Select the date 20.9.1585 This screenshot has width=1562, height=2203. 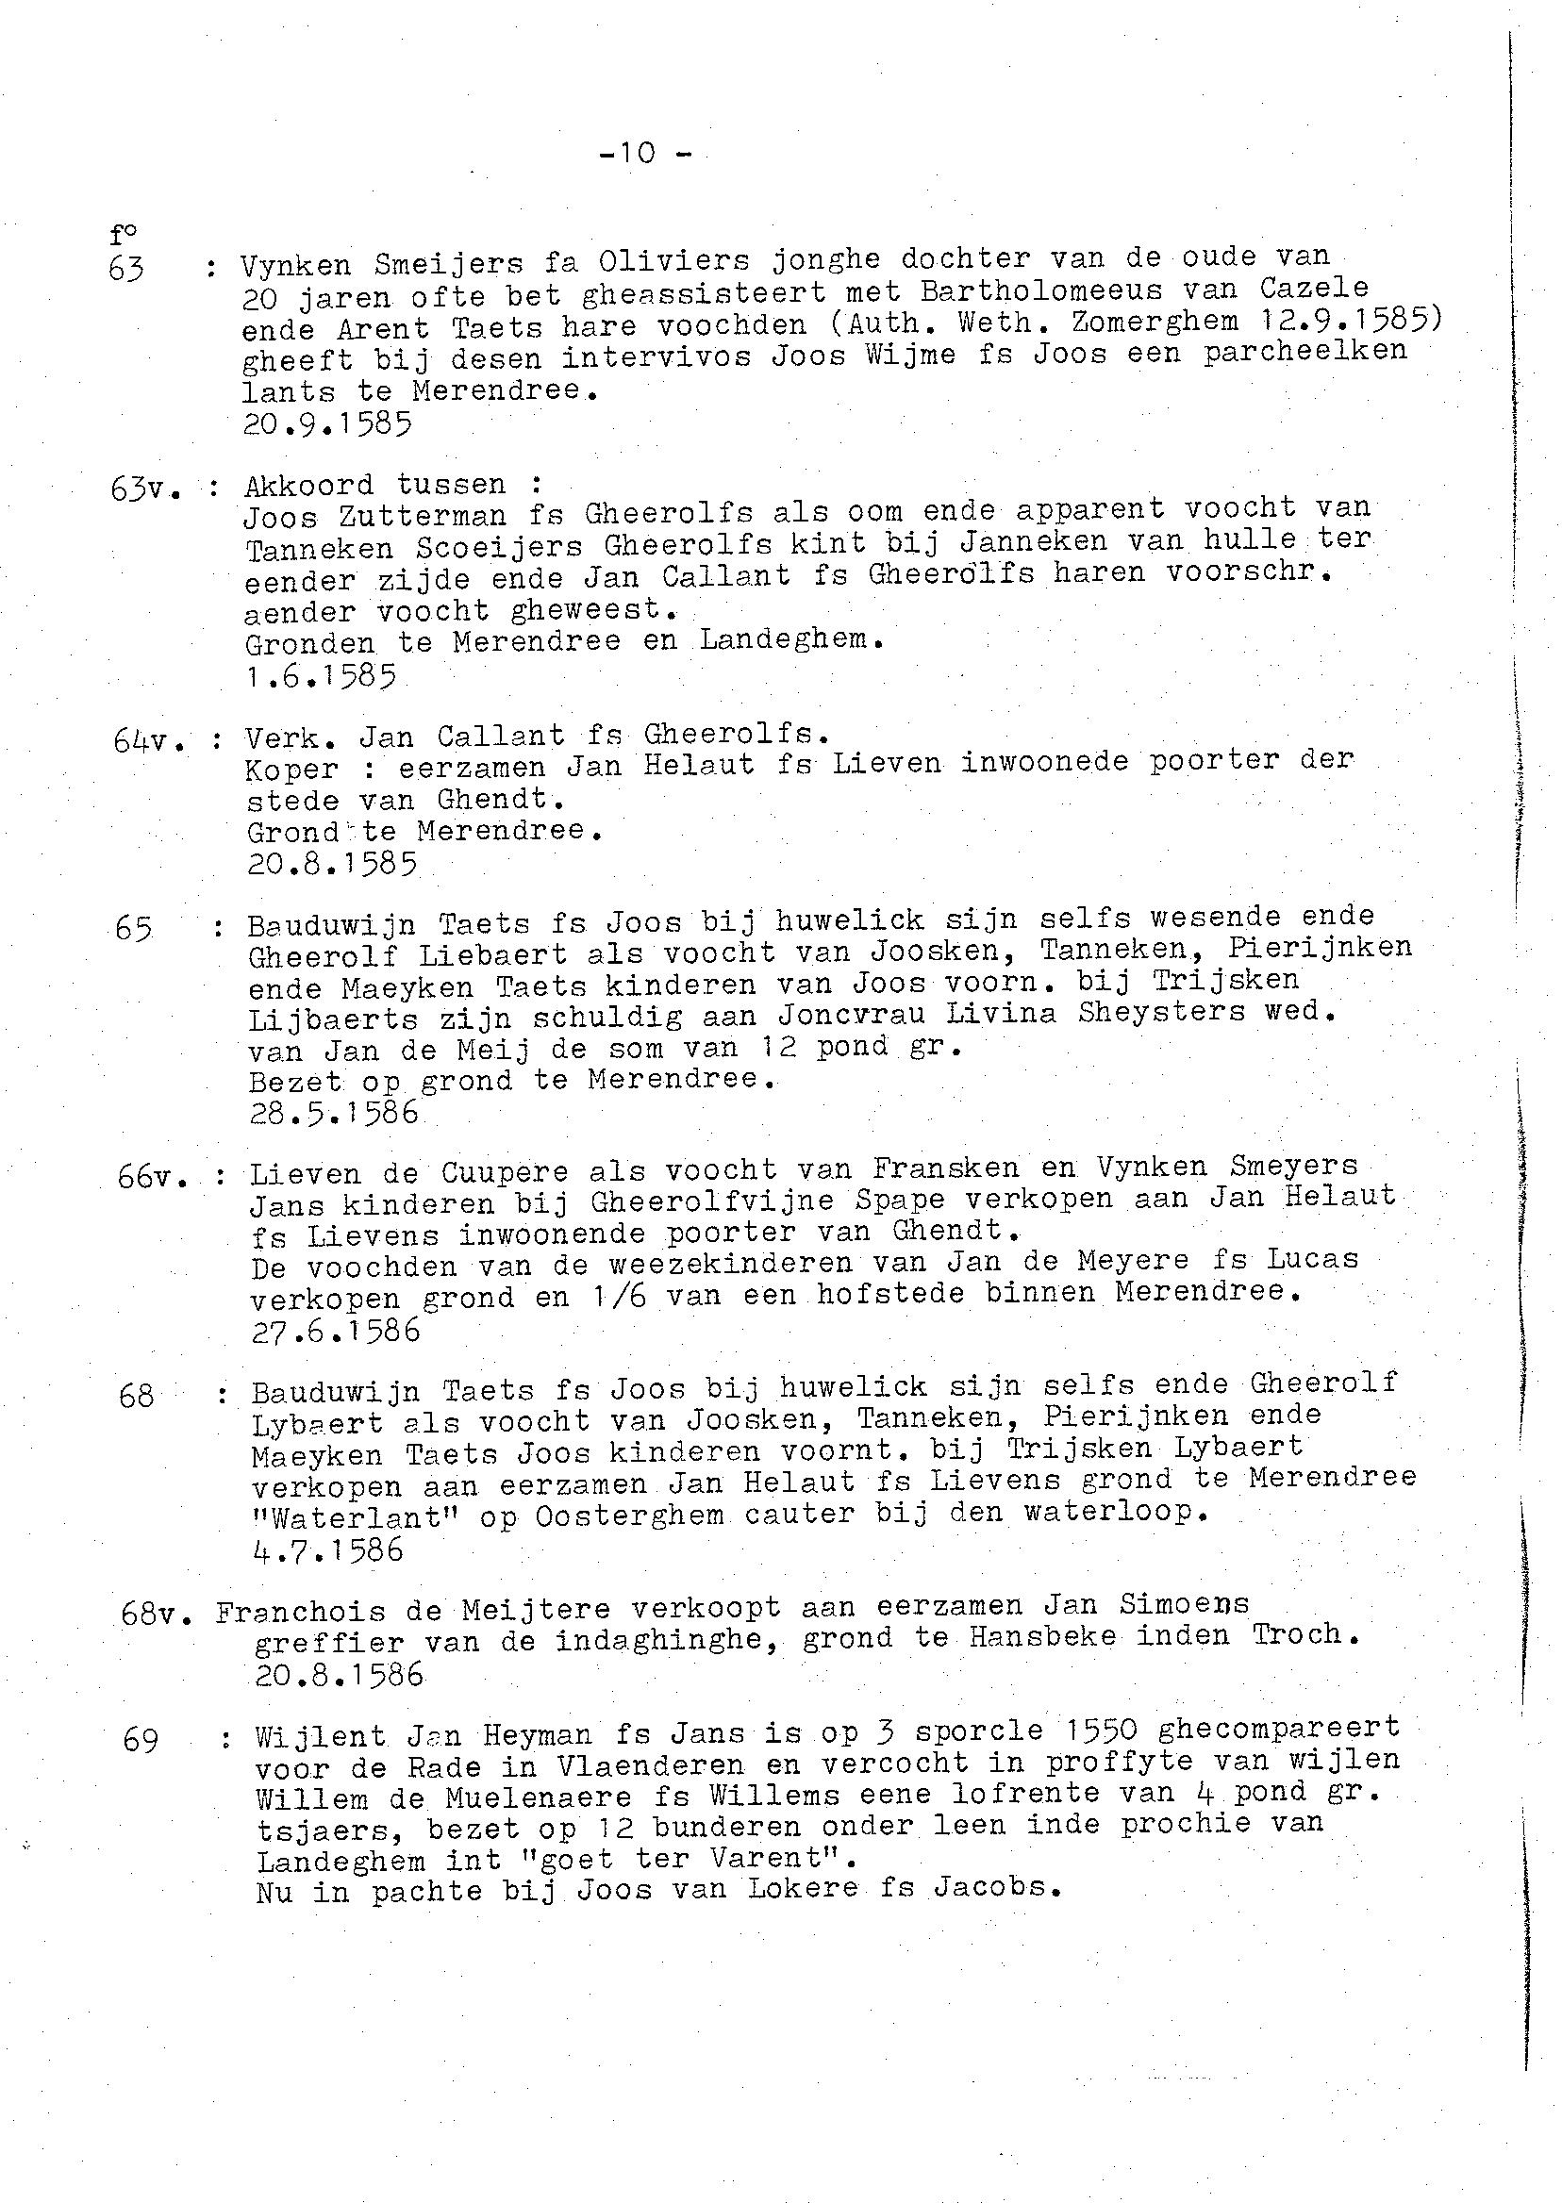point(327,424)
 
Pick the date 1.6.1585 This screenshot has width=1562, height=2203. point(321,676)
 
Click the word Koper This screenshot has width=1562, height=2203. point(292,770)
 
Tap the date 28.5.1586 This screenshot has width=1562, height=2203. point(334,1113)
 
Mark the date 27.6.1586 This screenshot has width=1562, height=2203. point(335,1330)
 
